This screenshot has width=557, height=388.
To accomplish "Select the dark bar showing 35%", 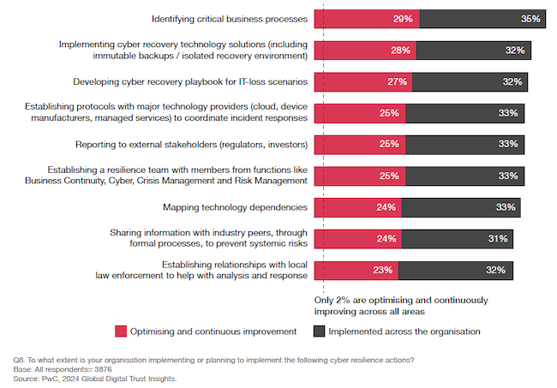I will (476, 18).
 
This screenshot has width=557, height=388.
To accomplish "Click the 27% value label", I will (398, 82).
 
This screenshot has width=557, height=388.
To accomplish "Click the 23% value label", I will (383, 270).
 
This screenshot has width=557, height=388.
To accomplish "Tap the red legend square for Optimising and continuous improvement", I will (121, 331).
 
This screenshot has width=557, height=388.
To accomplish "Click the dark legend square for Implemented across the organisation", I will (319, 331).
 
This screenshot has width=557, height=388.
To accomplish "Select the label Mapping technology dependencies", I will (235, 207).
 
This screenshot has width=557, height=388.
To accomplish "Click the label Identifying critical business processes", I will (229, 18).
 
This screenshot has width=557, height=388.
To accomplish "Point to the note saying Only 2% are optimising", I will (400, 305).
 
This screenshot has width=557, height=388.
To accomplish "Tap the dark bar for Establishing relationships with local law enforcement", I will (456, 270).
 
